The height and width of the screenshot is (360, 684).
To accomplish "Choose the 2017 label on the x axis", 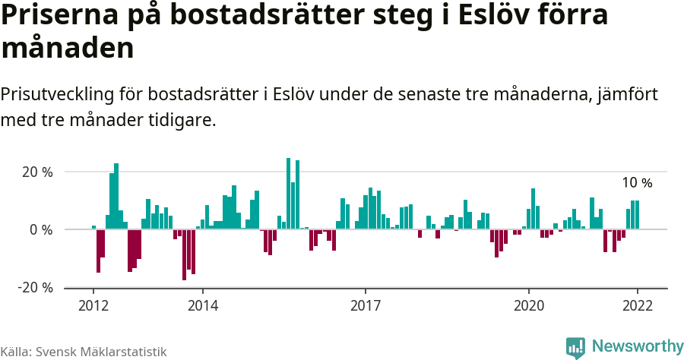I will (366, 305).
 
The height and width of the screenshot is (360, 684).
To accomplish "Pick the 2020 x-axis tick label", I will (528, 305).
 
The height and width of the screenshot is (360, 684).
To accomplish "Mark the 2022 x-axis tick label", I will (637, 305).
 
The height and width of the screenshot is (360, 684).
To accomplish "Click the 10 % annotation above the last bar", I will (637, 183).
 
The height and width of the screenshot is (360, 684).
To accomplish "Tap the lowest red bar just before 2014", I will (184, 254).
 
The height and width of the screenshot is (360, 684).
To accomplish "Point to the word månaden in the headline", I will (68, 49).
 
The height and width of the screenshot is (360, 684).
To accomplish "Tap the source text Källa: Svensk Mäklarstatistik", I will (84, 351).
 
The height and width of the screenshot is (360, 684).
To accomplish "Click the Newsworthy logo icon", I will (575, 347).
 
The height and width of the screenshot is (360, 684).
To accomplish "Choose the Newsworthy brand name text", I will (637, 346).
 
